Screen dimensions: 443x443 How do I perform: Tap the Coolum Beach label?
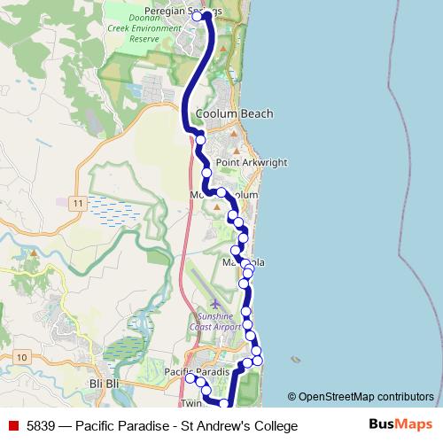point(234,113)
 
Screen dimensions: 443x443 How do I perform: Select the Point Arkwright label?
point(250,163)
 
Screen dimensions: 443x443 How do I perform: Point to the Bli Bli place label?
point(105,383)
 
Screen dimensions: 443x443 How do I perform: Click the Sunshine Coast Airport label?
point(219,322)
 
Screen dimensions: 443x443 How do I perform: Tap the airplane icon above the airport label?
point(215,304)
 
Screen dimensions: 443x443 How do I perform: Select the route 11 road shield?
point(78,204)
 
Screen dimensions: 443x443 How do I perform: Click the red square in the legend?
point(13,426)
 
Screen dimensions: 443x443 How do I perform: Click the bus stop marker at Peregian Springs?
point(197,16)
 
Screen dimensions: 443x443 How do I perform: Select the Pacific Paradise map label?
point(197,370)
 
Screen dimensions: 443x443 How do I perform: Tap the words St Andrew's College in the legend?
point(239,426)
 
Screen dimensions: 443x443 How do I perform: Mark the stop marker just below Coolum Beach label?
point(200,139)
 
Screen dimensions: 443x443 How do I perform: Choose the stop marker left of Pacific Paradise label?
point(189,378)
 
